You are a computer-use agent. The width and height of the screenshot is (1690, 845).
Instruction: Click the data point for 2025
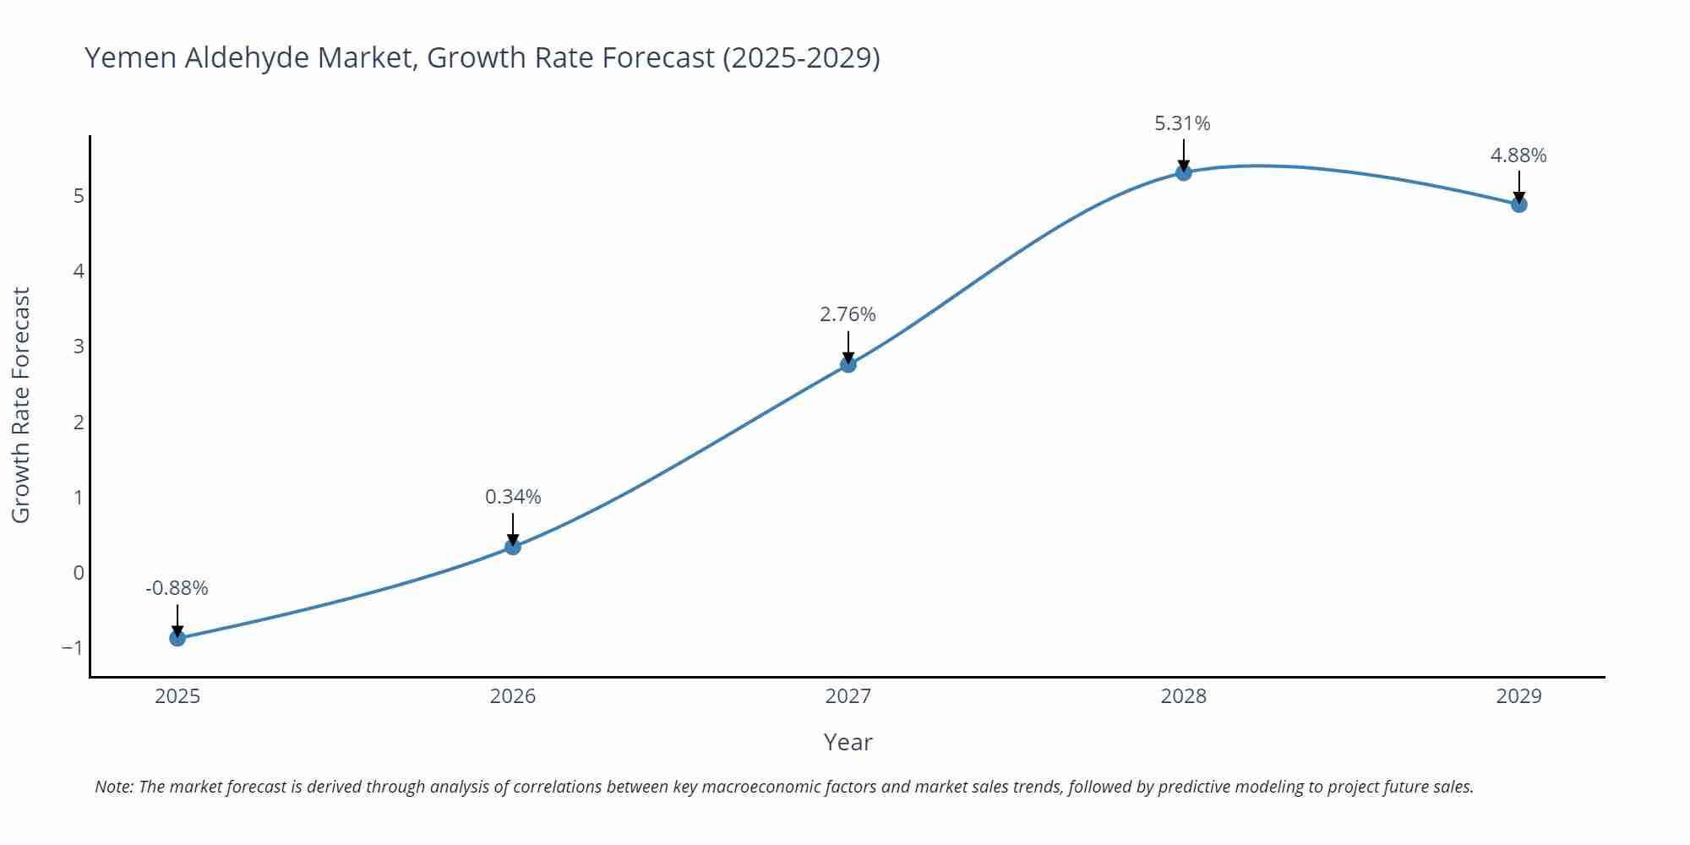coord(177,638)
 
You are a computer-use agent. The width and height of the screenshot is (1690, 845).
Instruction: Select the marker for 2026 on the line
coord(513,547)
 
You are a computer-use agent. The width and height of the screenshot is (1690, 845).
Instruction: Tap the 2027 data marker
coord(848,364)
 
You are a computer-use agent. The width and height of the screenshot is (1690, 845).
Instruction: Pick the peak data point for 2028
coord(1184,172)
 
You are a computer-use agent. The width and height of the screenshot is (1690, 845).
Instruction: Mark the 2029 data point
coord(1518,204)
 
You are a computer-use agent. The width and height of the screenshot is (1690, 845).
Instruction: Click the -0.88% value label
coord(177,588)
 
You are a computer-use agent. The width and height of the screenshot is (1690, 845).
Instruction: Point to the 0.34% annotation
coord(513,497)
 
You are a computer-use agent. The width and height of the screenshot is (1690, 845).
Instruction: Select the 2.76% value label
coord(848,314)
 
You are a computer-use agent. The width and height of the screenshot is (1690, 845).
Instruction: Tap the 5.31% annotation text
coord(1182,123)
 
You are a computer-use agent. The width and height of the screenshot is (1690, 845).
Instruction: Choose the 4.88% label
coord(1518,155)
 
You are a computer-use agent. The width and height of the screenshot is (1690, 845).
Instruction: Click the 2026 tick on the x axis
coord(513,696)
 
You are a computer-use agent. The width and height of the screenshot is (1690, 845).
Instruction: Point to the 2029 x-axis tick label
coord(1518,696)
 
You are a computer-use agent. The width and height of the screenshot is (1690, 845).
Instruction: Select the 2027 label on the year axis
coord(848,696)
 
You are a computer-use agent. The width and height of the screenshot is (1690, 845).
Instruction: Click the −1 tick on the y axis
coord(73,648)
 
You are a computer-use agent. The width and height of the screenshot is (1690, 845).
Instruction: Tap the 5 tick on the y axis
coord(79,196)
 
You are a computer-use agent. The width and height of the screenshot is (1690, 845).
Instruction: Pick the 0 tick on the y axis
coord(79,573)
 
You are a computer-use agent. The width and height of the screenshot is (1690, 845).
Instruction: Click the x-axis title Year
coord(848,742)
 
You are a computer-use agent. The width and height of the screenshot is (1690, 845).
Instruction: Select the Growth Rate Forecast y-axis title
coord(21,405)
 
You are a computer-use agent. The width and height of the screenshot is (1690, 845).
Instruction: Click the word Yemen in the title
coord(130,57)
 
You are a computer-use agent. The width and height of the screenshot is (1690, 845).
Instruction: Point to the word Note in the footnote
coord(113,787)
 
